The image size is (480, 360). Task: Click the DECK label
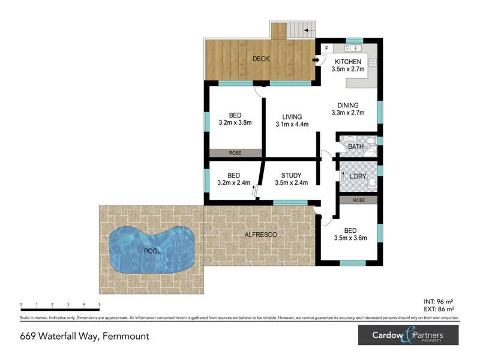click(260, 59)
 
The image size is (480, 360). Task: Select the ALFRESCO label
click(260, 235)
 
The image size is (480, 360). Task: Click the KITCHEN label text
click(347, 62)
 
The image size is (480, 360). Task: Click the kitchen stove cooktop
click(372, 62)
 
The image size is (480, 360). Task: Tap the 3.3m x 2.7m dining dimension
click(347, 112)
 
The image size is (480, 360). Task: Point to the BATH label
click(356, 146)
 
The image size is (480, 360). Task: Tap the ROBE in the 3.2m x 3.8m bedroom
click(235, 153)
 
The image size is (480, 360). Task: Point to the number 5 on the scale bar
click(99, 305)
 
